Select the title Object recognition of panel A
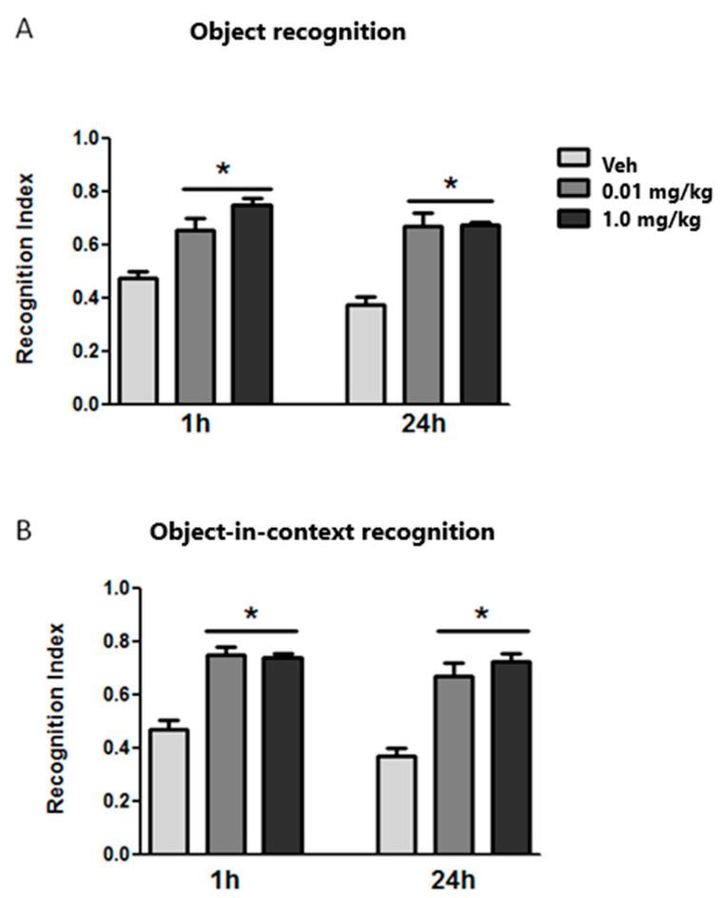298,31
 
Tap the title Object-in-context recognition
322,532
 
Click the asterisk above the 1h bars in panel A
224,170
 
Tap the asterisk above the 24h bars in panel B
482,615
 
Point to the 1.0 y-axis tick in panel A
87,139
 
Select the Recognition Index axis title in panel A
26,268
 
